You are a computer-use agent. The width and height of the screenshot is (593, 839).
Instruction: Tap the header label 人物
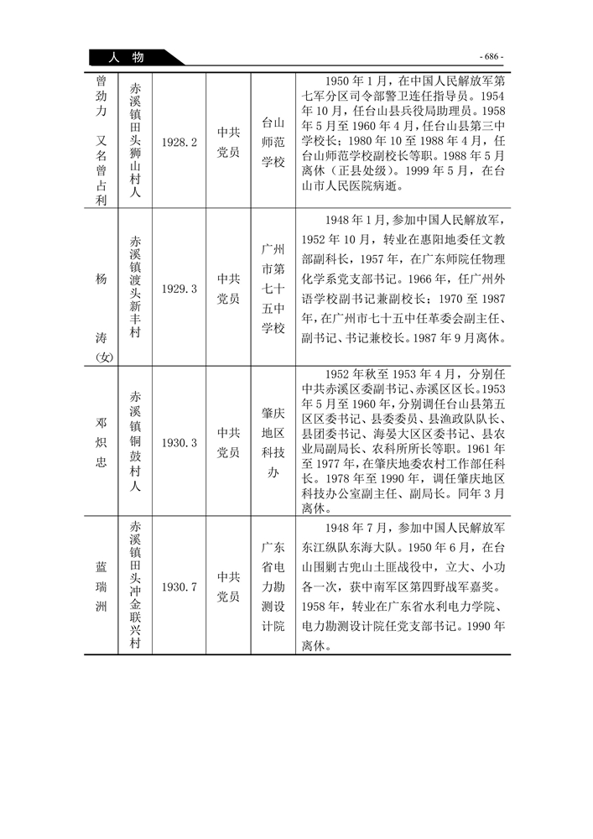tap(127, 57)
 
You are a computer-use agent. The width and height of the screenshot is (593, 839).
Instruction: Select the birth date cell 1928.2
tap(179, 143)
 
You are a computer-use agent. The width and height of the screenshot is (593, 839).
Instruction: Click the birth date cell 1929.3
tap(179, 288)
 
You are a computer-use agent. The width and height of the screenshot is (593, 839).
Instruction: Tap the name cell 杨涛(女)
tap(101, 288)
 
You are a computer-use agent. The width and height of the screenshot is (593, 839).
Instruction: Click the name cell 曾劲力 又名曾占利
tap(101, 143)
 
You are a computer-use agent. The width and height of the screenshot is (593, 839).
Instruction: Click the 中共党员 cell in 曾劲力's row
tap(228, 143)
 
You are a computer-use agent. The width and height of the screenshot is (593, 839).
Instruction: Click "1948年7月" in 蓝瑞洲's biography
tap(358, 526)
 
